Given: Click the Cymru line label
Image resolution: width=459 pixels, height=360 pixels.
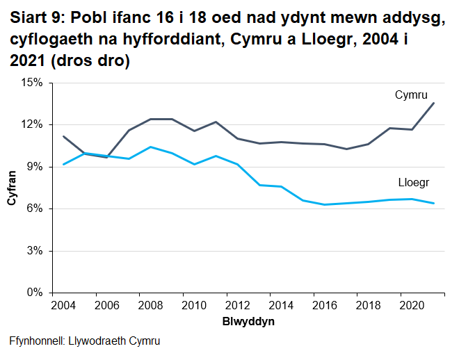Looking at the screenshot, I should click(410, 95).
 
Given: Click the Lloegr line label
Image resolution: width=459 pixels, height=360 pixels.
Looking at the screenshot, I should click(413, 183).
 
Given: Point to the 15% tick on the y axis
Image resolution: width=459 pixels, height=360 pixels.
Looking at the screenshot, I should click(32, 83).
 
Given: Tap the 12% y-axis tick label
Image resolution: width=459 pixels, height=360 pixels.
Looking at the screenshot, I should click(32, 124).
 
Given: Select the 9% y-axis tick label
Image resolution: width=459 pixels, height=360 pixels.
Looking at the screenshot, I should click(35, 167).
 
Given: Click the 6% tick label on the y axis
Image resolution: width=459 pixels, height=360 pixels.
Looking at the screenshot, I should click(35, 208).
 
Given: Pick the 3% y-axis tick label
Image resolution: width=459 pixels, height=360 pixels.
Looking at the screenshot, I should click(35, 251).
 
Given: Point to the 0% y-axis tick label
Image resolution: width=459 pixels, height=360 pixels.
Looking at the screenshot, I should click(35, 293).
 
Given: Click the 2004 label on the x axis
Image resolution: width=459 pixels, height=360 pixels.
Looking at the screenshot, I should click(63, 306).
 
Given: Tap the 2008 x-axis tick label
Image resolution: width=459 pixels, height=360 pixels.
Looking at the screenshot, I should click(150, 306).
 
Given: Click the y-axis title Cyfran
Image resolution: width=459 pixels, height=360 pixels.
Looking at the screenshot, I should click(12, 188).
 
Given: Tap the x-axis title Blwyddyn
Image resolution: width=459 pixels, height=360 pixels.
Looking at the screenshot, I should click(248, 322).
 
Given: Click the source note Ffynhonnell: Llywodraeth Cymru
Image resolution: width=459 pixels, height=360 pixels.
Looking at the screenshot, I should click(85, 341).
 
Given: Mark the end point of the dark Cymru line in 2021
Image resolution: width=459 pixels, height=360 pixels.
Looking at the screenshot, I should click(434, 104).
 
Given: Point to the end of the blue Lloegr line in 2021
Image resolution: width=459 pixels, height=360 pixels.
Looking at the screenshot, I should click(434, 203).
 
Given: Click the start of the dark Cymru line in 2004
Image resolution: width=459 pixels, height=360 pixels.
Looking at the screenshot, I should click(63, 136).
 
